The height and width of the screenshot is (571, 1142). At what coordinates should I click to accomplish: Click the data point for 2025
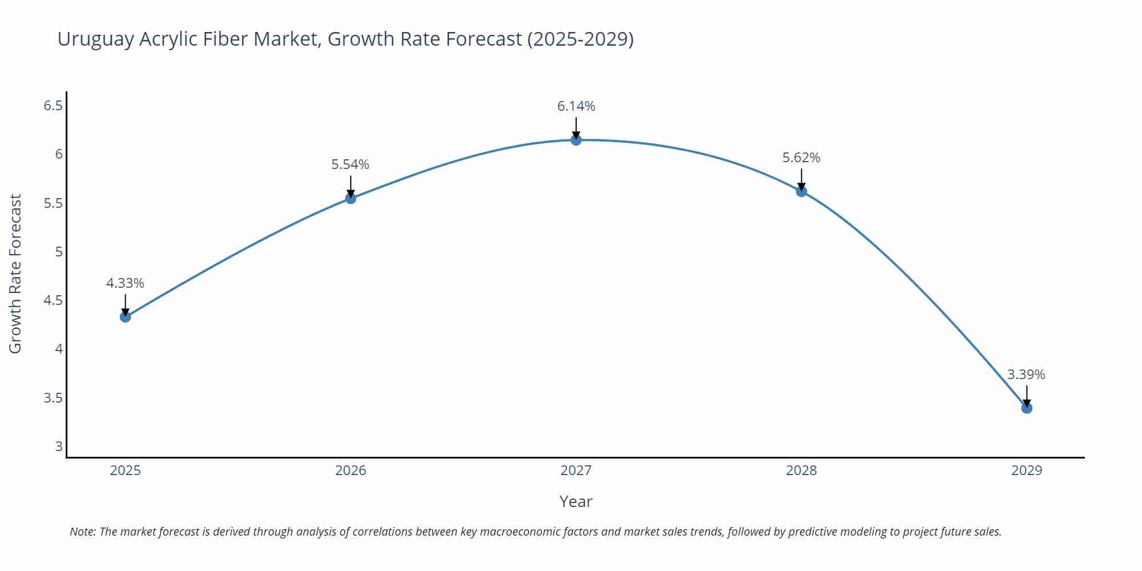125,317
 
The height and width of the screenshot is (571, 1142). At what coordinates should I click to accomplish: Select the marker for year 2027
576,140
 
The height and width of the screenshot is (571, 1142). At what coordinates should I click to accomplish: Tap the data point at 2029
1026,408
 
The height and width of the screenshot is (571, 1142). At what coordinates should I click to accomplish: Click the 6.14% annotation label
576,106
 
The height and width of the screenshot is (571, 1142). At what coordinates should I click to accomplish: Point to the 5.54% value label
350,164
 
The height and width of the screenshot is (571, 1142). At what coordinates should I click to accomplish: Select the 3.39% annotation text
1026,375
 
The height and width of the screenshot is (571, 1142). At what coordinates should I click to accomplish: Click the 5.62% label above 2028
801,158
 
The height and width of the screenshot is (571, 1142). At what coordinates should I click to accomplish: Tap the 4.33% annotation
125,283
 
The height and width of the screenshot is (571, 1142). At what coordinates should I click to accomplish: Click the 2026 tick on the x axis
350,471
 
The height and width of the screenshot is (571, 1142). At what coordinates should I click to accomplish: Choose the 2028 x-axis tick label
801,471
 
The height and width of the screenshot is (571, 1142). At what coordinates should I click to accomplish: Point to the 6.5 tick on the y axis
53,106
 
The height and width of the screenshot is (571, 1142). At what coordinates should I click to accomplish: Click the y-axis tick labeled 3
59,447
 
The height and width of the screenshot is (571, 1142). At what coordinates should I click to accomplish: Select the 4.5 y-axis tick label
53,300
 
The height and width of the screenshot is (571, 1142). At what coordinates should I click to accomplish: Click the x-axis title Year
576,501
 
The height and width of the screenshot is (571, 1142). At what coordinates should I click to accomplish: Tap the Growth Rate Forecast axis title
15,274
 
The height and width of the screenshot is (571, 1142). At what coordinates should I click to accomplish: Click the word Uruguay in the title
95,39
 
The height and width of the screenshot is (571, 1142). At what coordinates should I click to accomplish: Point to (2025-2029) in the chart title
580,39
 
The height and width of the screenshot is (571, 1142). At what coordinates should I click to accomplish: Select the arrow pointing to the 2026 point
350,187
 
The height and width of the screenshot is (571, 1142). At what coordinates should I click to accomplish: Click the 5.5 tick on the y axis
53,203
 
